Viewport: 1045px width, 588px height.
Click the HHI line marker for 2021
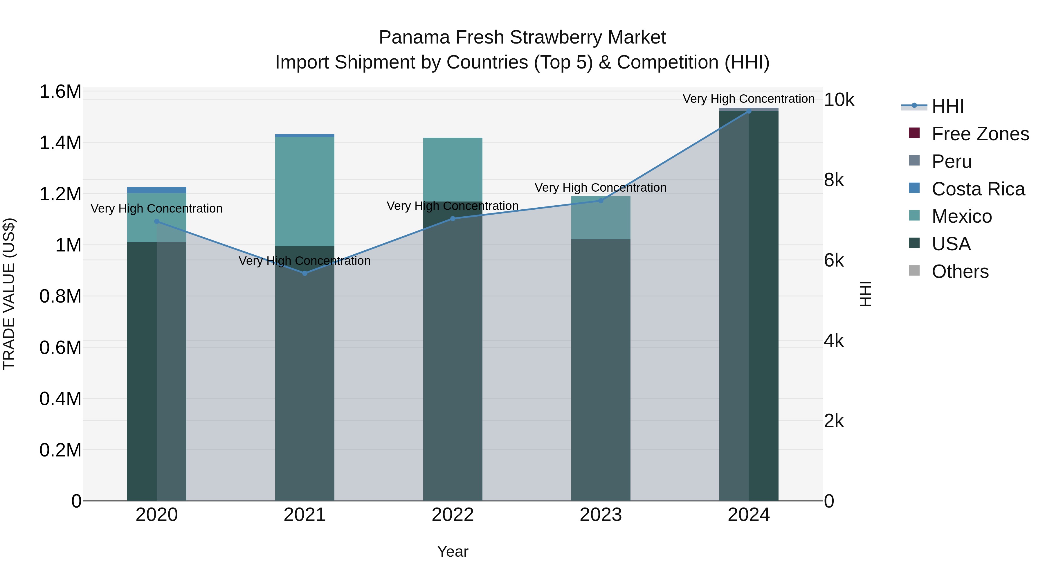click(x=305, y=273)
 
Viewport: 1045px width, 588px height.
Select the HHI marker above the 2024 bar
click(x=749, y=111)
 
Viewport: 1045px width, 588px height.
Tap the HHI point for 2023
click(x=601, y=200)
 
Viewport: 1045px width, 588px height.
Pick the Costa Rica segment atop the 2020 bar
click(x=156, y=190)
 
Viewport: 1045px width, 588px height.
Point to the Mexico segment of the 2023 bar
click(x=601, y=218)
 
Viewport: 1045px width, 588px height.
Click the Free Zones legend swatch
click(x=914, y=133)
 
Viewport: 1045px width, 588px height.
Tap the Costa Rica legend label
click(x=978, y=189)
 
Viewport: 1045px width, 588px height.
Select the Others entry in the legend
click(x=960, y=271)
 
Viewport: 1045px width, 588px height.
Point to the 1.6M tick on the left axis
click(x=60, y=92)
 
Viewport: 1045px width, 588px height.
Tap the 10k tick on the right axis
click(x=839, y=100)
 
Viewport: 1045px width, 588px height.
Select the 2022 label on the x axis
click(x=453, y=515)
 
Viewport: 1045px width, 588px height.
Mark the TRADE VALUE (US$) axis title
click(x=9, y=294)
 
